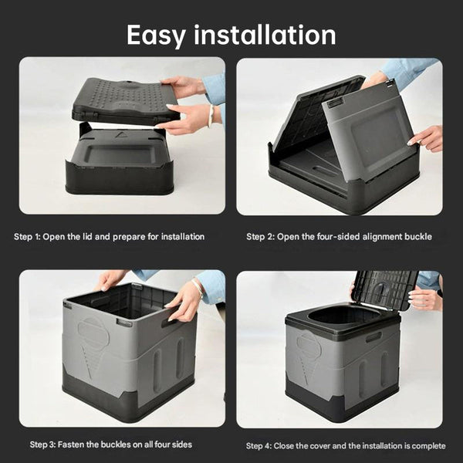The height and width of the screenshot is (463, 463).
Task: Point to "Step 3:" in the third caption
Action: point(47,444)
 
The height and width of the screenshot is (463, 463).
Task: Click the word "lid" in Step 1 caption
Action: point(95,237)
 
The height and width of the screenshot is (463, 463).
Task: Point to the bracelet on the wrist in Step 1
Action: point(211,115)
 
